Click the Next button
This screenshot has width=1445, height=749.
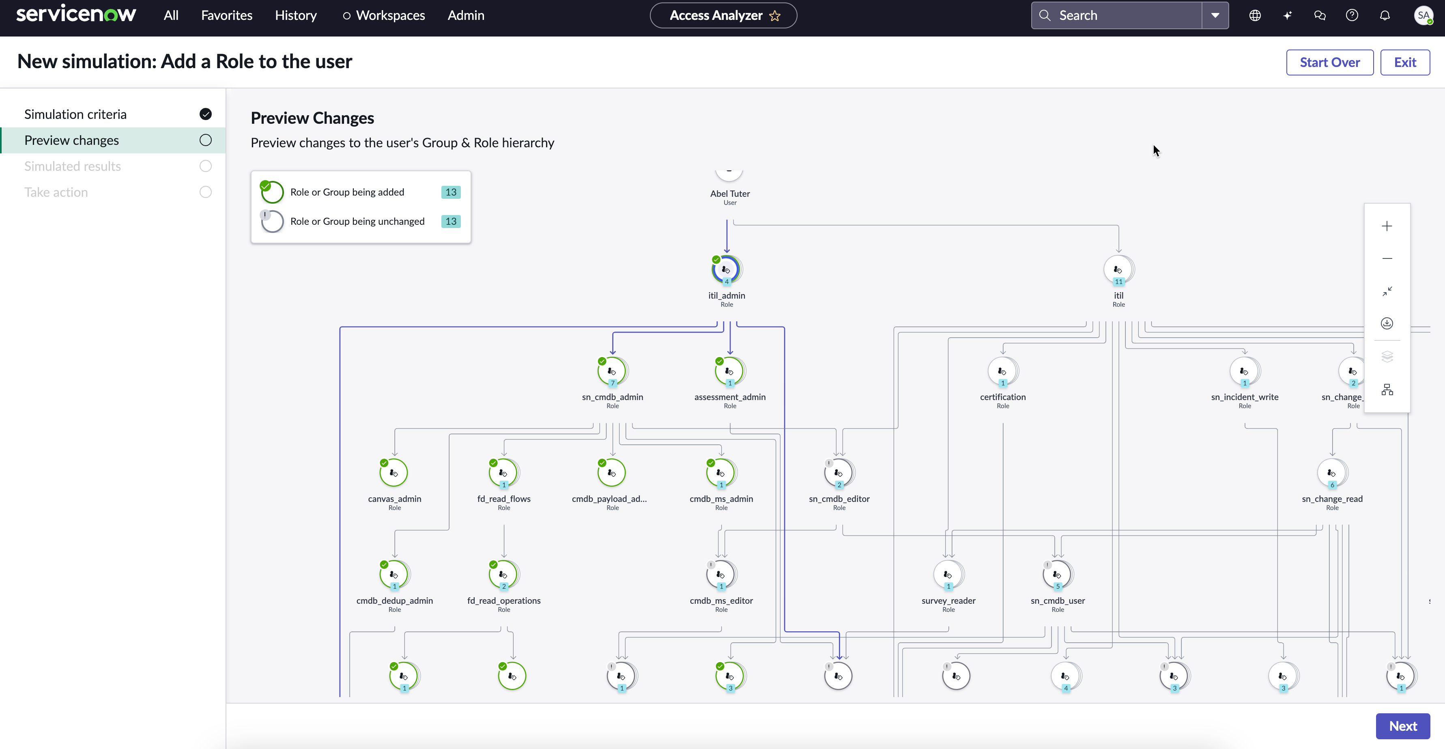(1402, 726)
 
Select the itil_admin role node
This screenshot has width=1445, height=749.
(727, 270)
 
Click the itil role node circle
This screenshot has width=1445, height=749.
(1118, 270)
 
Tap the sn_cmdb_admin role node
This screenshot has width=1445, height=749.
(613, 371)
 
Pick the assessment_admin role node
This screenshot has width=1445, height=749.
(730, 371)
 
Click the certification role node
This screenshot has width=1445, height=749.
(1003, 371)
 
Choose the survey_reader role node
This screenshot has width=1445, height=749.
(948, 575)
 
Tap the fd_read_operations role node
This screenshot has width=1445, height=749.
(504, 575)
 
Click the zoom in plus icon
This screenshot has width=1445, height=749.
(1387, 226)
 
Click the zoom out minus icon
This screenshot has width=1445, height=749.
(1387, 258)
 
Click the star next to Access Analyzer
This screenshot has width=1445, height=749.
(775, 16)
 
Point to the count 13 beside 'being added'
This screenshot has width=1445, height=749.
(450, 192)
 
